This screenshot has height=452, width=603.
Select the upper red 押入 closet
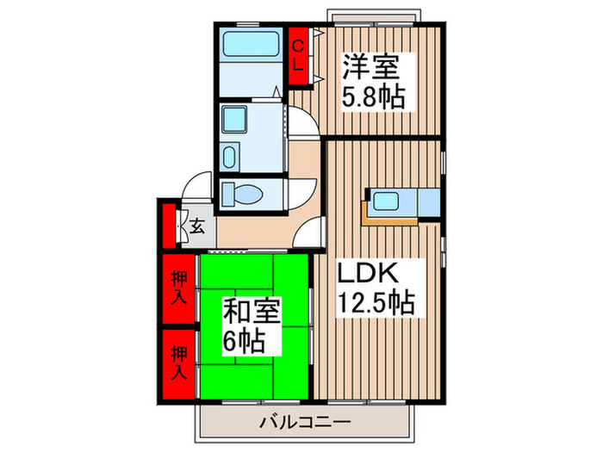coord(177,288)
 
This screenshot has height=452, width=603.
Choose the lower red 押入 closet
coord(177,362)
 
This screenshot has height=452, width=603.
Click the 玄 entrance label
coord(197,228)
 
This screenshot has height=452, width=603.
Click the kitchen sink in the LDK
coord(384,203)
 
